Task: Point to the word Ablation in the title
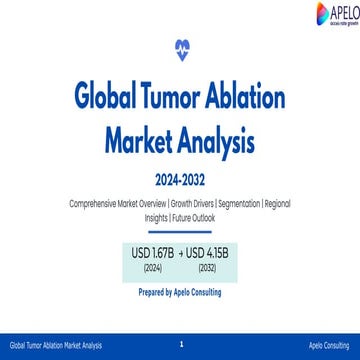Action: (251, 97)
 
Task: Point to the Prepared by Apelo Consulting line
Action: (180, 293)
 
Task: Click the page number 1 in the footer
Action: (180, 342)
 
